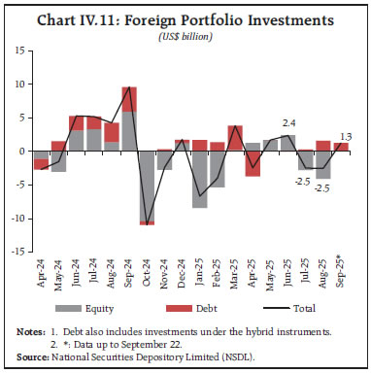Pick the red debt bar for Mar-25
click(x=235, y=138)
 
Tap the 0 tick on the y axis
click(x=19, y=152)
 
